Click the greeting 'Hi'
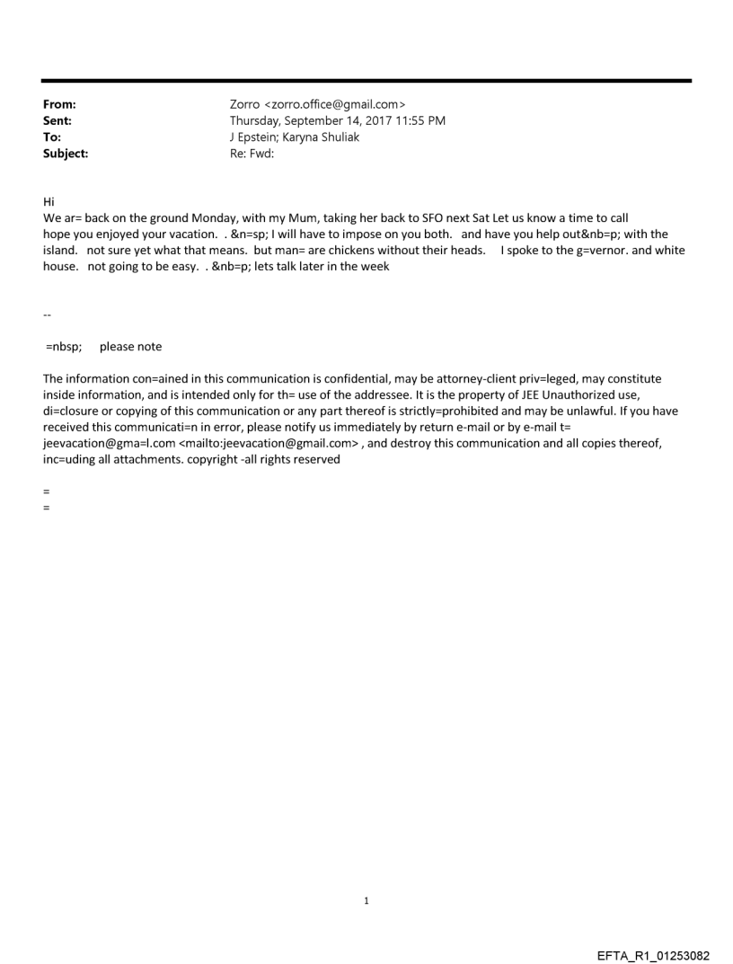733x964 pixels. (x=49, y=203)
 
